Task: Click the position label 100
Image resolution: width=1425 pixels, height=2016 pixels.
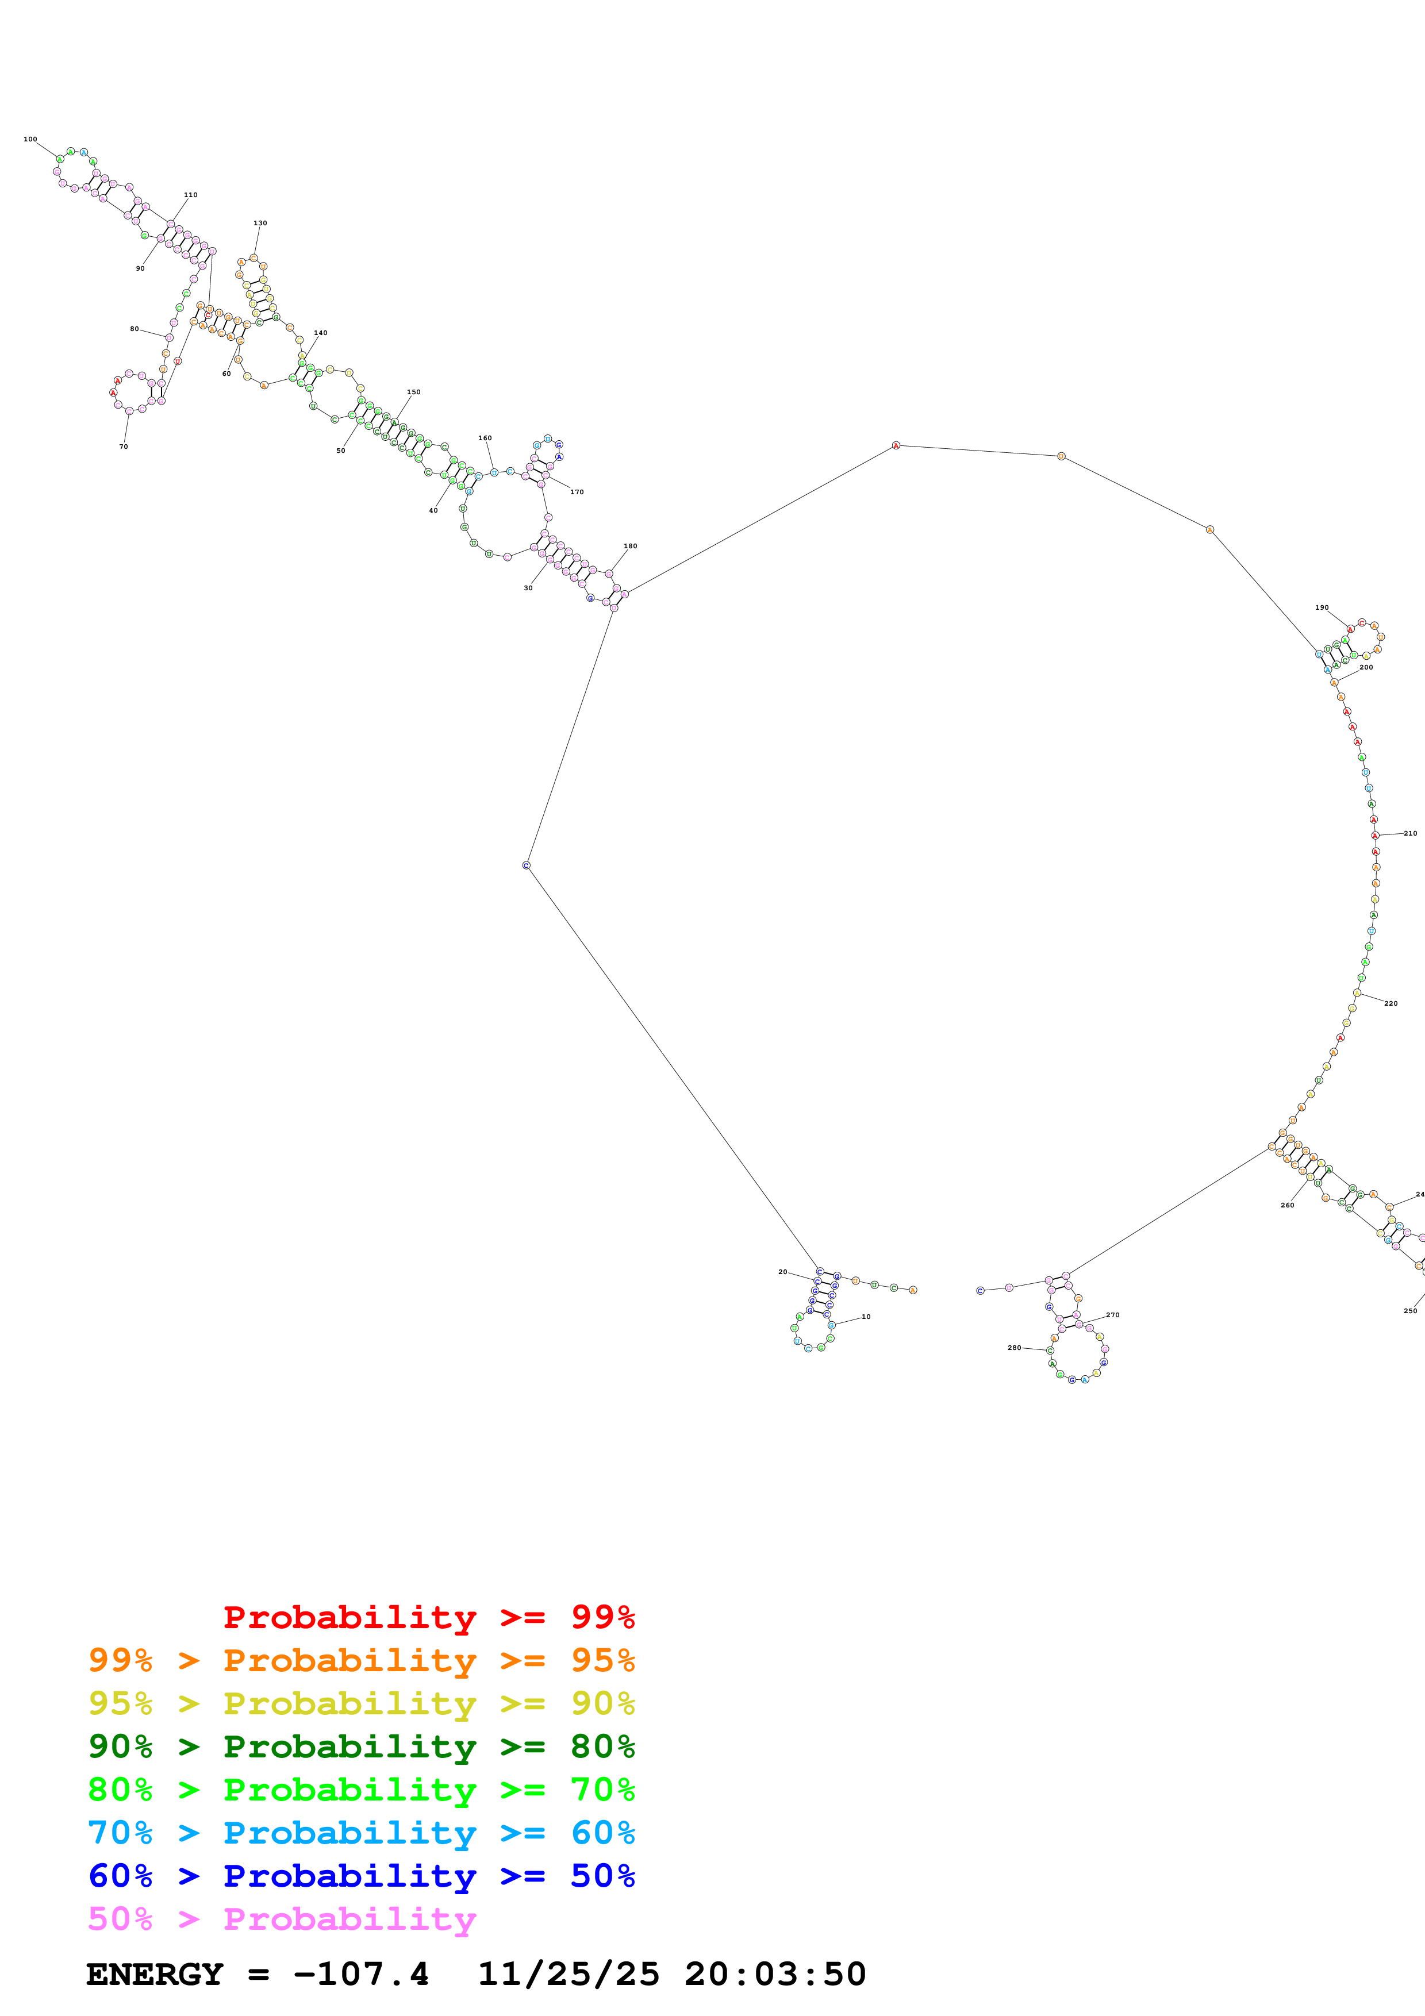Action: coord(30,138)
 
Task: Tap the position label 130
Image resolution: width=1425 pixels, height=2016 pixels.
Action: coord(260,223)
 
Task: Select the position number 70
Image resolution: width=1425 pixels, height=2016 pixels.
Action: coord(123,446)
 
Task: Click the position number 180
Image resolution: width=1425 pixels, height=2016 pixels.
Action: coord(631,546)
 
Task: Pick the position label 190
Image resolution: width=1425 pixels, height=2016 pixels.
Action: coord(1322,607)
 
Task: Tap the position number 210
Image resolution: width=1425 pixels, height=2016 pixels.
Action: coord(1410,833)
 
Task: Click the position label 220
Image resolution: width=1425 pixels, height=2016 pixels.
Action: coord(1391,1003)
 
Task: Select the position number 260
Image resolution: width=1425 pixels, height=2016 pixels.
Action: coord(1287,1205)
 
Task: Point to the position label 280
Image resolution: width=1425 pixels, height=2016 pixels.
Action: coord(1014,1347)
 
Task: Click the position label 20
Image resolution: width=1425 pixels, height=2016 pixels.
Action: coord(782,1271)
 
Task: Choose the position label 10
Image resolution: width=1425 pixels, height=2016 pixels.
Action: coord(866,1316)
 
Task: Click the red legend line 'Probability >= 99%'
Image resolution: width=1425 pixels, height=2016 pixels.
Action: coord(428,1617)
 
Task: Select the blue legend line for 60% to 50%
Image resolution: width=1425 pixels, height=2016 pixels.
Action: coord(361,1876)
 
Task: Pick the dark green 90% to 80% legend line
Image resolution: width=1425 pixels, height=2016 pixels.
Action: coord(361,1746)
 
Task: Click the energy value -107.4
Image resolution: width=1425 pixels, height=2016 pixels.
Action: coord(361,1974)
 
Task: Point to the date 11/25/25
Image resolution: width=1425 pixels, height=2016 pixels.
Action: coord(568,1974)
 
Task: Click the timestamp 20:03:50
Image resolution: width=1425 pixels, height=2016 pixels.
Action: coord(774,1974)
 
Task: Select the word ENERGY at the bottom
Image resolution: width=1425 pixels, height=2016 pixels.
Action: coord(155,1974)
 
